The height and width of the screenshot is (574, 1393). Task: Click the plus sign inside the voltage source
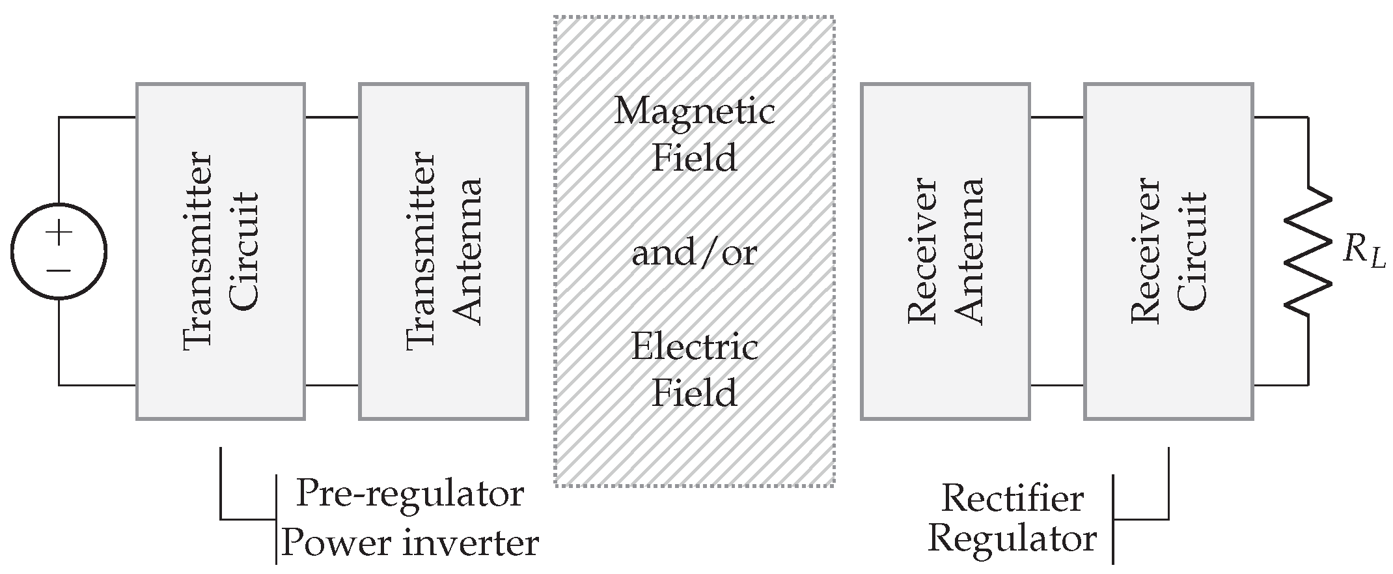pyautogui.click(x=59, y=233)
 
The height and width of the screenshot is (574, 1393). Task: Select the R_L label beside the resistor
pyautogui.click(x=1364, y=253)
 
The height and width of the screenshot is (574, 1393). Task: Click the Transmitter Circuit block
pyautogui.click(x=221, y=251)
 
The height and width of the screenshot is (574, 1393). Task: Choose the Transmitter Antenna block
pyautogui.click(x=443, y=251)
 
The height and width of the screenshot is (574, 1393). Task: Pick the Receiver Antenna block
pyautogui.click(x=945, y=251)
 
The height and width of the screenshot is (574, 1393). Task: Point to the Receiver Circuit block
pyautogui.click(x=1168, y=251)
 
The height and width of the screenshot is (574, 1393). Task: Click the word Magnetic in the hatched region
pyautogui.click(x=695, y=111)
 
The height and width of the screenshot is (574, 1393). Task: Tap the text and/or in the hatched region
pyautogui.click(x=695, y=253)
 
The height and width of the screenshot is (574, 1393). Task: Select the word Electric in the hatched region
pyautogui.click(x=695, y=346)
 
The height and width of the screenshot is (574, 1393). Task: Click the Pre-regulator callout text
pyautogui.click(x=410, y=493)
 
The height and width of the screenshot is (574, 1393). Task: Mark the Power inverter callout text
pyautogui.click(x=410, y=542)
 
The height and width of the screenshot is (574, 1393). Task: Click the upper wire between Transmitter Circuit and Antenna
pyautogui.click(x=332, y=117)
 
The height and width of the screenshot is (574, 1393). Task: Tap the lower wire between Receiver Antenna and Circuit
pyautogui.click(x=1057, y=385)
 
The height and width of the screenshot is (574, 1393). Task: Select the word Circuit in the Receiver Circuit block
pyautogui.click(x=1193, y=251)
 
